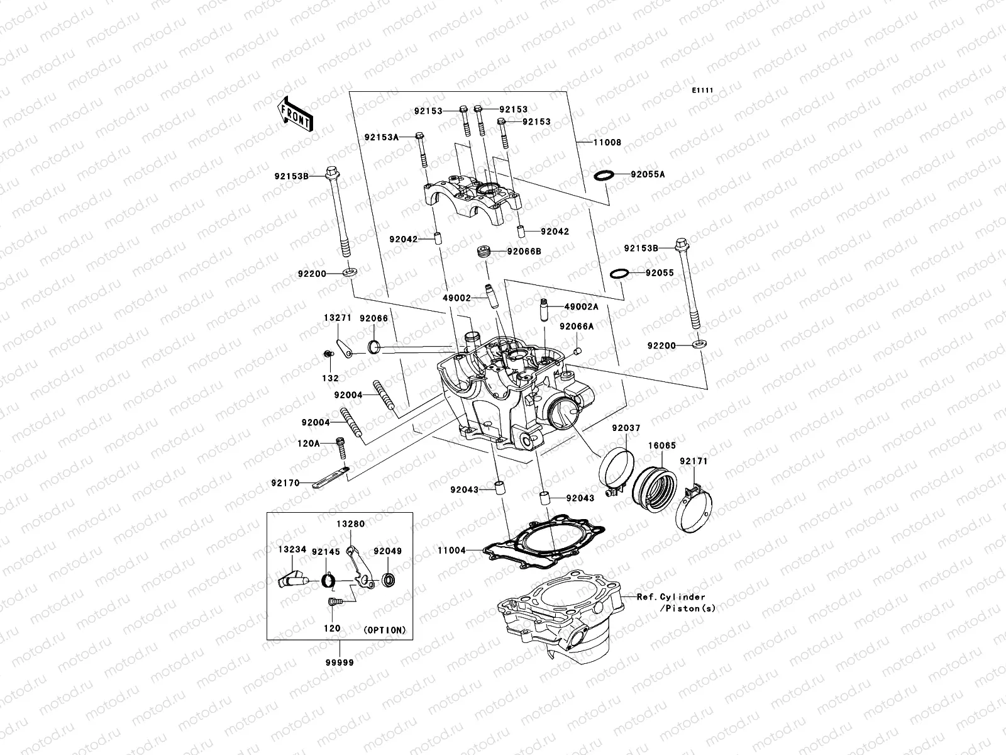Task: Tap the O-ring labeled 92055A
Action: coord(603,175)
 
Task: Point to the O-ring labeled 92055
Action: coord(619,273)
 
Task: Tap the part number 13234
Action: coord(292,549)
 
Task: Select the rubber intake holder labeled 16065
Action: coord(656,486)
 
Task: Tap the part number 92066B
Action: coord(524,251)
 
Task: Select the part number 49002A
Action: coord(581,306)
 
